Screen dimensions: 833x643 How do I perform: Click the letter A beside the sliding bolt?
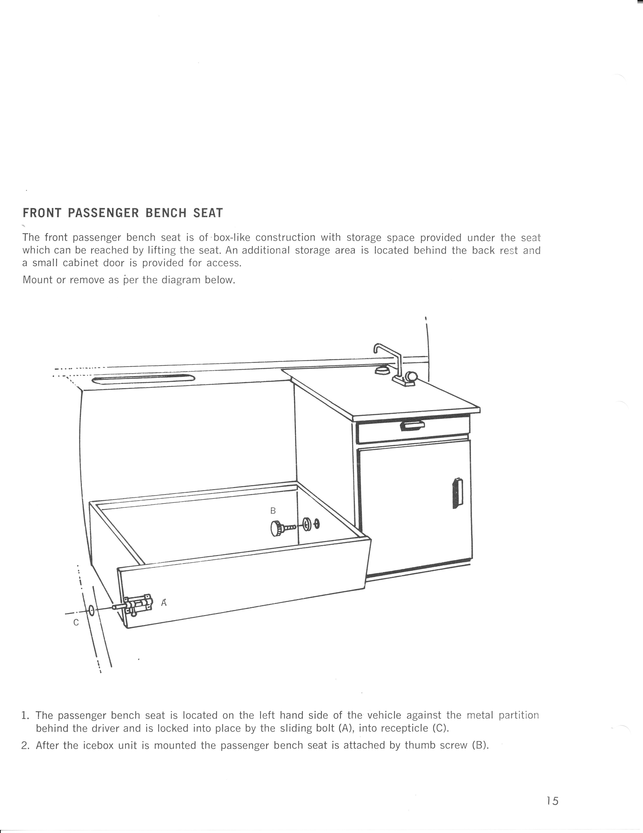point(164,603)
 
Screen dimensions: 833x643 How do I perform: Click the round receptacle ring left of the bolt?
point(92,610)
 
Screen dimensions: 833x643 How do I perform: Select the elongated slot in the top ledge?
point(143,379)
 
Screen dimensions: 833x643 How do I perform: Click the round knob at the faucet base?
point(411,377)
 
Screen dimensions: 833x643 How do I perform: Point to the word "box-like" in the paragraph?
point(231,238)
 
